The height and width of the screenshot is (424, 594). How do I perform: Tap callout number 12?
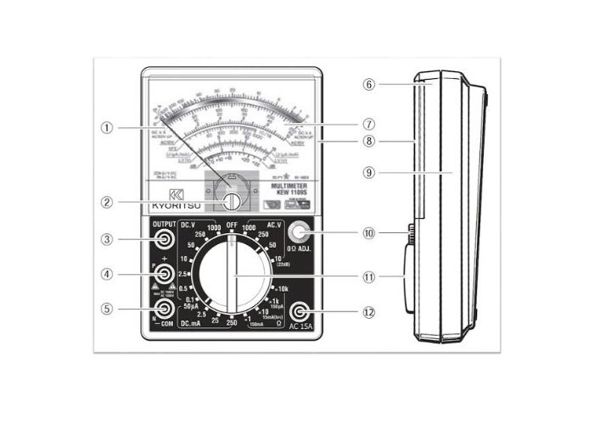[368, 311]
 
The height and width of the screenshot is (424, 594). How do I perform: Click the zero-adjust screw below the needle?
[232, 199]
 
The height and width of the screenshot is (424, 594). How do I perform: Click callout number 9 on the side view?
[368, 171]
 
